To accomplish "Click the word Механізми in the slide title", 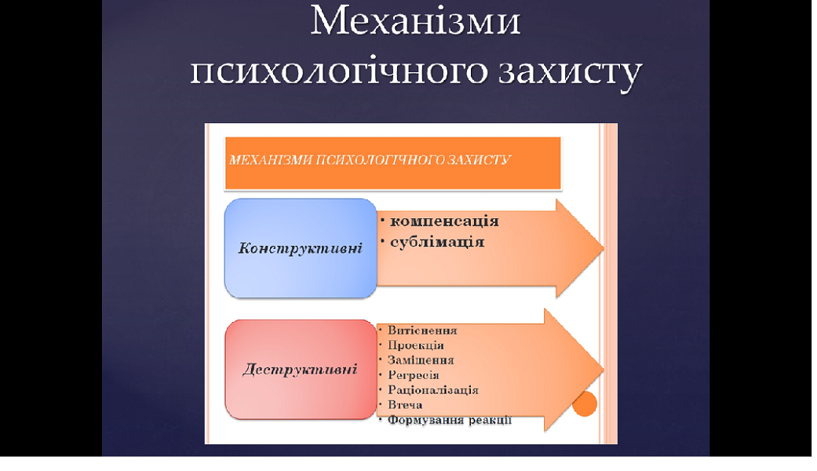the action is [415, 21].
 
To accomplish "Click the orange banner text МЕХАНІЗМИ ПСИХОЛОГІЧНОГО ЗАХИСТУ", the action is [370, 159].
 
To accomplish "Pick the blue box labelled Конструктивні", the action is [301, 248].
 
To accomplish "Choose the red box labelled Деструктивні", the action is [301, 370].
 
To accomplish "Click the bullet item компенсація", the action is [444, 221].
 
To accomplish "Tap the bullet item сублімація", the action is [437, 242].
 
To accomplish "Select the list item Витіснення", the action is [422, 330].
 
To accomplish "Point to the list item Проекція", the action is [416, 345].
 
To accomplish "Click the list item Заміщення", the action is [421, 360].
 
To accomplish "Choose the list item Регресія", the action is [414, 375].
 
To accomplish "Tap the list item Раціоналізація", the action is [433, 389].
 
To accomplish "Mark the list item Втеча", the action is [405, 405].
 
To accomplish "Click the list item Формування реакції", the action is [450, 420].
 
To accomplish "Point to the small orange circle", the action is [585, 403].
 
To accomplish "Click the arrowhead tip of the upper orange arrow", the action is [604, 248].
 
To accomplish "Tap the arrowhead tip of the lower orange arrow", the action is [604, 370].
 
